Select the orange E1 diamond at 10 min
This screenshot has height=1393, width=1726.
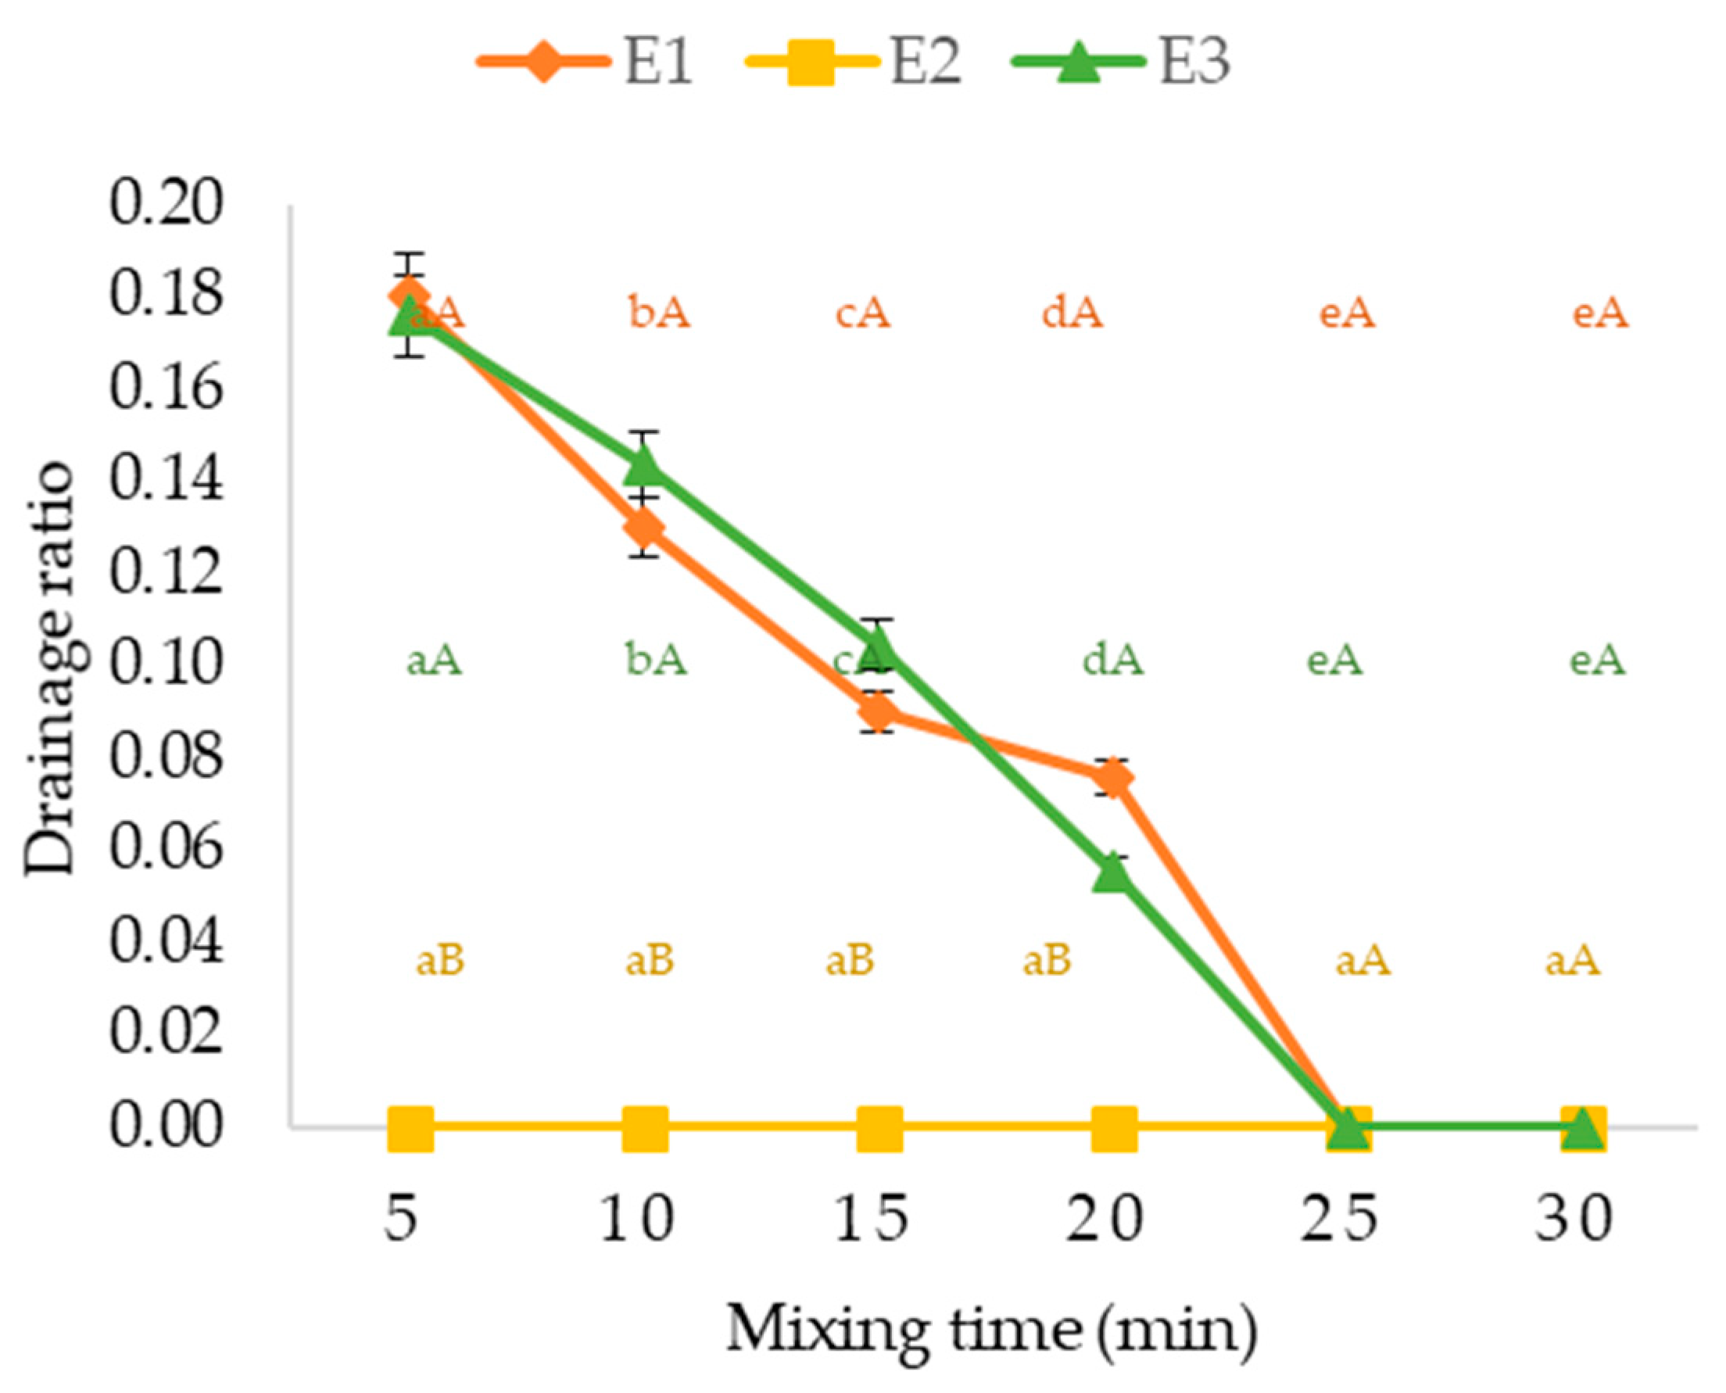pyautogui.click(x=644, y=528)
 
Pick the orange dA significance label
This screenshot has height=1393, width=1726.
pyautogui.click(x=1072, y=312)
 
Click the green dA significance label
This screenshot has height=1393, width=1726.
pyautogui.click(x=1113, y=661)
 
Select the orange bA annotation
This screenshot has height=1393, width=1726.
pyautogui.click(x=659, y=312)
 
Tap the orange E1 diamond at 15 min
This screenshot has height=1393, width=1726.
pyautogui.click(x=879, y=712)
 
